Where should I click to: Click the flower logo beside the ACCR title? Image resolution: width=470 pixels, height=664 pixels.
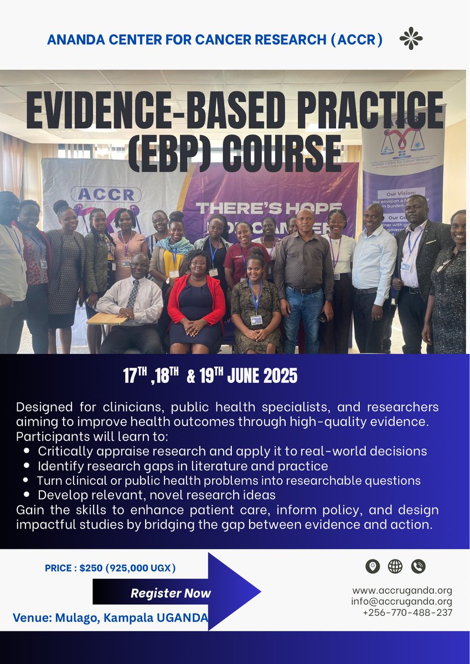pos(411,38)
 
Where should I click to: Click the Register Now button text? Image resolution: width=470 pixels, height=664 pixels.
pos(171,593)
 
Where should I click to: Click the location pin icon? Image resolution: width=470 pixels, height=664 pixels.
pos(373,566)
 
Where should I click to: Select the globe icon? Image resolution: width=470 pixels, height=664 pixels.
pos(395,566)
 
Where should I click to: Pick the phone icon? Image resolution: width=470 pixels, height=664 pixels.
pos(418,566)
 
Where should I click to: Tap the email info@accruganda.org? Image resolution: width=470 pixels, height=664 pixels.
pos(401,601)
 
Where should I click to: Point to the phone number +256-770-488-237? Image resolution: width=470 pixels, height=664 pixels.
pos(407,613)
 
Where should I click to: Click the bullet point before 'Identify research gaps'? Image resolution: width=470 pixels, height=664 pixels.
pos(27,466)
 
